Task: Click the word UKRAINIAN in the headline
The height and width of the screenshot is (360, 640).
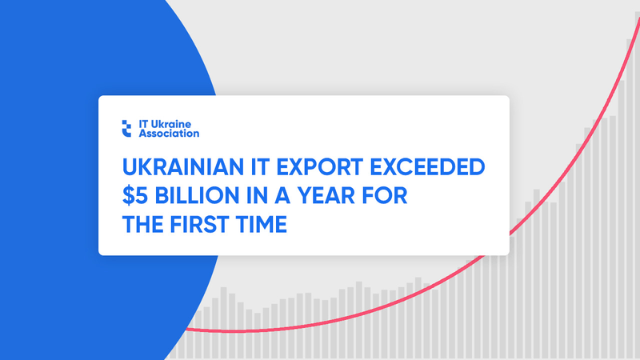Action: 183,167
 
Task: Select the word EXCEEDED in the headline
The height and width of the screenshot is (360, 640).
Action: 427,167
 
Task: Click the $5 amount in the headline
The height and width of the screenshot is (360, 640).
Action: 134,195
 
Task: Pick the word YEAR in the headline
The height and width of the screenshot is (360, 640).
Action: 326,195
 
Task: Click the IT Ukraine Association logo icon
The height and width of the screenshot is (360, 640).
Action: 126,129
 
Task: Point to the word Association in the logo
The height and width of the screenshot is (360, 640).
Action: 169,134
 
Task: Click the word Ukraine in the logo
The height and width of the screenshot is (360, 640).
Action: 170,124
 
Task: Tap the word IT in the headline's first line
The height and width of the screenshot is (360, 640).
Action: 260,167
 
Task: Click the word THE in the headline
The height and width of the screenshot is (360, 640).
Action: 142,224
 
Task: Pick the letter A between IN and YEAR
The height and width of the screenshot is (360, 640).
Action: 282,195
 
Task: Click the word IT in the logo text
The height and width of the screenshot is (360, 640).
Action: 143,124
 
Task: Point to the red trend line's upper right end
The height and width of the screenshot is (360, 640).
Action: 639,18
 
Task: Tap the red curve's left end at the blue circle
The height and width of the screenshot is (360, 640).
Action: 187,329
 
